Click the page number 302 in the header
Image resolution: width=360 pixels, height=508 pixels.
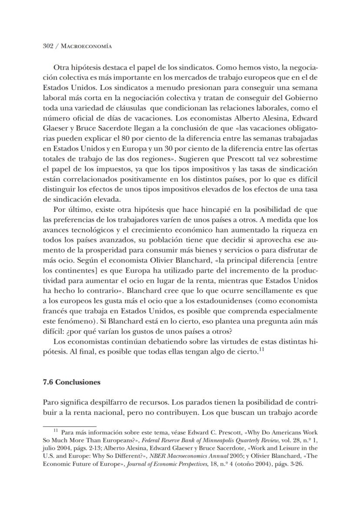coord(48,46)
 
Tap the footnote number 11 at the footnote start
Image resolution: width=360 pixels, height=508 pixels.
coord(56,431)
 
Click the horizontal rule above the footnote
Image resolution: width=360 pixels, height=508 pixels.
coord(70,427)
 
